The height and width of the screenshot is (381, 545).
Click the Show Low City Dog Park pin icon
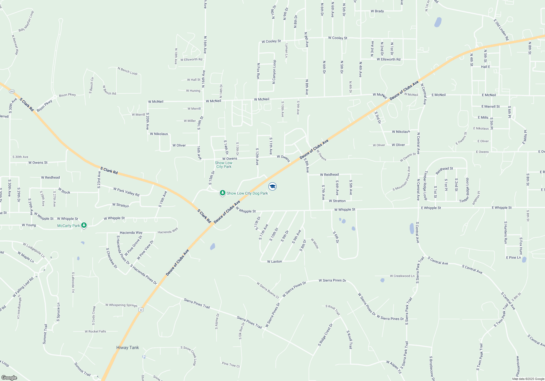223,193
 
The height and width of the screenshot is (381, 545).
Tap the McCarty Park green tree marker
84,225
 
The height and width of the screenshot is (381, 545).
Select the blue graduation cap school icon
272,186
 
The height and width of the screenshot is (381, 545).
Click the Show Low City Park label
224,165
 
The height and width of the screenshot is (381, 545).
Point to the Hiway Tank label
128,348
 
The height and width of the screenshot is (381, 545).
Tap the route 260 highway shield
12,91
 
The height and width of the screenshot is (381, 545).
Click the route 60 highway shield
141,310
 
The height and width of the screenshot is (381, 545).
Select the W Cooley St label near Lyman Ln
271,41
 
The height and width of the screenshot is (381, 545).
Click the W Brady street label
377,11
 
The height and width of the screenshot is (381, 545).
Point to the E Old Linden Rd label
501,30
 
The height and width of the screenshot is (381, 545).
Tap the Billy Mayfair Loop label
26,21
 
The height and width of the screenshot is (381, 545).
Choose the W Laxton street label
274,262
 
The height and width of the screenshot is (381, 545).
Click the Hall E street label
485,67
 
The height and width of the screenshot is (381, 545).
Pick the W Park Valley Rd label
126,192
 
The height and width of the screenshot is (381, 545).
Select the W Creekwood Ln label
402,276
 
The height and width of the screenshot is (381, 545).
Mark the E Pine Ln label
513,257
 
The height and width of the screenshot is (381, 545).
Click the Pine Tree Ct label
231,365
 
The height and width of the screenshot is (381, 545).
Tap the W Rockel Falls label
95,331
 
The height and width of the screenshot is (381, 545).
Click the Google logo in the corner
9,378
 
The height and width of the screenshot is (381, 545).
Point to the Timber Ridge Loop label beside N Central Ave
425,185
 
